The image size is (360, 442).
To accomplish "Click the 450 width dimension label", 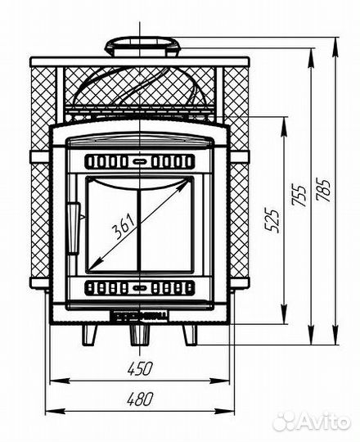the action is [x=140, y=368].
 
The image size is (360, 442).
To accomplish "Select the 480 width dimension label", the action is [x=140, y=399].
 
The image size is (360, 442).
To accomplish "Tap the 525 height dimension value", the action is [x=272, y=220].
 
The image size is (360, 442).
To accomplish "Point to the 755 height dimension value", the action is [x=299, y=196].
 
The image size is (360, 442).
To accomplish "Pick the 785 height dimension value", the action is [x=323, y=190].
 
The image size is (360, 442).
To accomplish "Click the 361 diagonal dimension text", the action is [x=123, y=226].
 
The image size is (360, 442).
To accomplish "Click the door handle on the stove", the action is [x=74, y=228].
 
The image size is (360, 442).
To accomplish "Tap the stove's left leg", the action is [x=89, y=335].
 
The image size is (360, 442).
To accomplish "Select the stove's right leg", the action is [x=190, y=335].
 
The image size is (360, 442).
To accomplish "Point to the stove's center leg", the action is [x=139, y=335].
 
